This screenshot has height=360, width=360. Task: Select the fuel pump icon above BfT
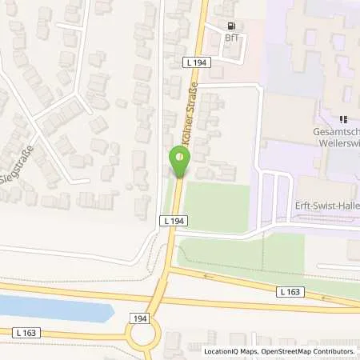pos(232,26)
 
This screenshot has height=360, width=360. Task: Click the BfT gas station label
pos(232,38)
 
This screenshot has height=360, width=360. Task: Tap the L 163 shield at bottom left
pos(24,331)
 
